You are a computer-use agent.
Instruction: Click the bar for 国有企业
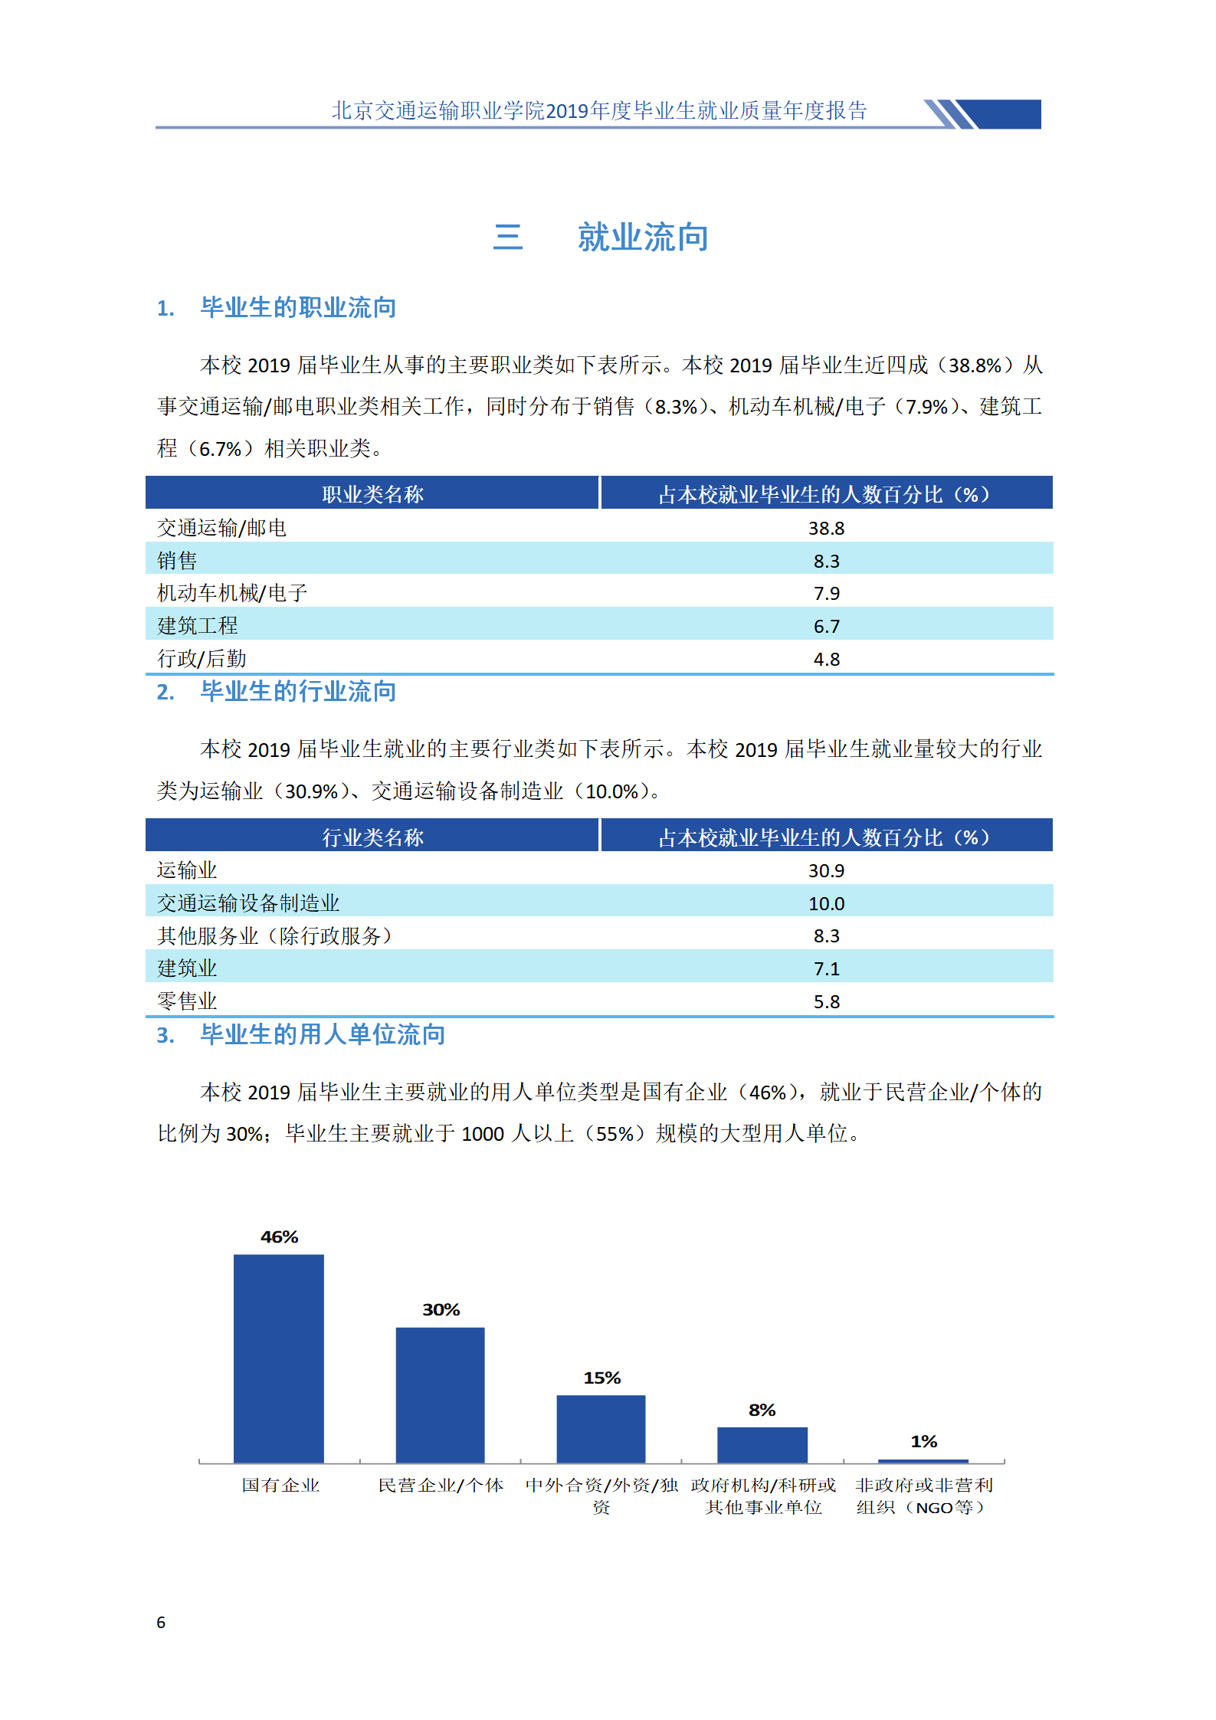(x=279, y=1358)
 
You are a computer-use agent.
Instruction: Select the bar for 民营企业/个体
(x=440, y=1394)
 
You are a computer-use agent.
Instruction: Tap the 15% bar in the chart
(x=601, y=1428)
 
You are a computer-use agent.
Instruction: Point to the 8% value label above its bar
(x=762, y=1410)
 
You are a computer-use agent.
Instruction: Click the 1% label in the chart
(x=923, y=1441)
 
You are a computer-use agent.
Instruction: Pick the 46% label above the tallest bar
(x=279, y=1237)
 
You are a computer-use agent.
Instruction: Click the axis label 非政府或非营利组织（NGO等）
(x=923, y=1496)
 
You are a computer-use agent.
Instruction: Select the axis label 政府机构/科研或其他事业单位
(x=763, y=1496)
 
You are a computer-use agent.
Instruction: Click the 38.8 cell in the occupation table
(x=826, y=528)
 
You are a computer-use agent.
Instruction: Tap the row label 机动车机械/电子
(x=232, y=592)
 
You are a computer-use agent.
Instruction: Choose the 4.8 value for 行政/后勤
(x=826, y=659)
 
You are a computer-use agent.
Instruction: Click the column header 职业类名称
(x=372, y=494)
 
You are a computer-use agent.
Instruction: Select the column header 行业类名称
(x=372, y=837)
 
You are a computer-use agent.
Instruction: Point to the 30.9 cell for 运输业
(x=826, y=870)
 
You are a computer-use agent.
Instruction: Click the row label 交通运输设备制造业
(x=248, y=903)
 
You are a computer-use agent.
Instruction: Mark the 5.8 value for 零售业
(x=826, y=1001)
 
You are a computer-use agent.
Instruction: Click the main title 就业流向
(x=642, y=237)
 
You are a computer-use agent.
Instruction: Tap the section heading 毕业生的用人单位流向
(x=322, y=1034)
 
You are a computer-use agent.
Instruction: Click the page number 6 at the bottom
(x=161, y=1622)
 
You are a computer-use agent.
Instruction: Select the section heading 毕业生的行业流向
(x=297, y=691)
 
